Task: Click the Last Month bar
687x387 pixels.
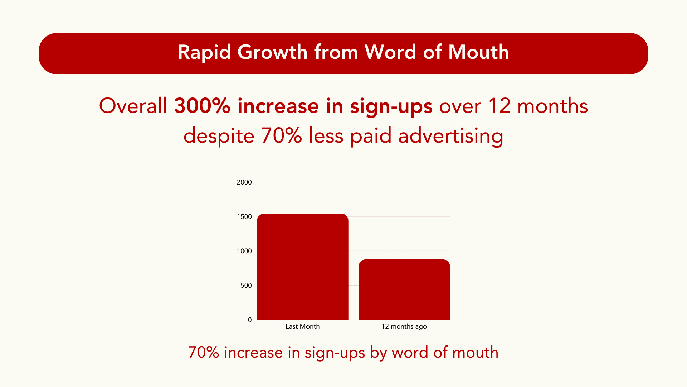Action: click(303, 267)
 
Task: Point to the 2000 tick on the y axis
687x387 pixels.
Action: click(244, 182)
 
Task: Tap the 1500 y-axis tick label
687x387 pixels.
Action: click(244, 217)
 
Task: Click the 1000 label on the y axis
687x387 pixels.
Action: click(244, 251)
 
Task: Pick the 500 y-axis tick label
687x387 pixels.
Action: click(246, 286)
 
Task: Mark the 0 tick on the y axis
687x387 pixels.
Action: click(250, 320)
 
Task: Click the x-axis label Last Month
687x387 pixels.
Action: click(302, 326)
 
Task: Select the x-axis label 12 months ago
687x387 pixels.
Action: click(404, 326)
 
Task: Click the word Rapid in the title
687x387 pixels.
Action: click(204, 52)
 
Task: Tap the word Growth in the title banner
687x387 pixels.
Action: click(272, 52)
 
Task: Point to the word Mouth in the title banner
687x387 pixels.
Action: click(478, 52)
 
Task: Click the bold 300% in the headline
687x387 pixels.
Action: click(202, 106)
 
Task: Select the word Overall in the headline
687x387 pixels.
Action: click(133, 106)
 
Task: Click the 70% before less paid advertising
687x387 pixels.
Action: click(281, 136)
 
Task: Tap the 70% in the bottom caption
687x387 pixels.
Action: click(203, 353)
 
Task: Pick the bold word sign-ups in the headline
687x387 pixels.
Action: click(391, 107)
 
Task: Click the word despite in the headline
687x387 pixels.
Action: click(219, 136)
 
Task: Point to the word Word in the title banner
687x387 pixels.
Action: click(390, 52)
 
